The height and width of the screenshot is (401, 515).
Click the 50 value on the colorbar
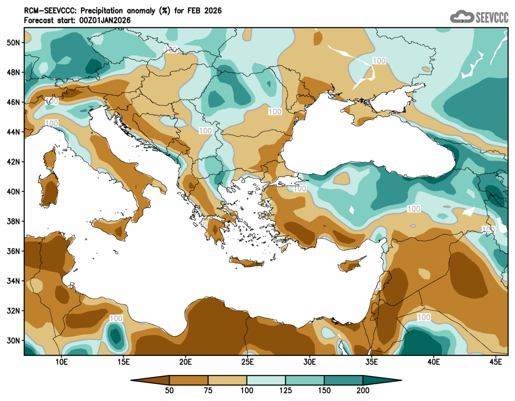pos(169,390)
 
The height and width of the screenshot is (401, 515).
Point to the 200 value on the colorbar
pos(363,390)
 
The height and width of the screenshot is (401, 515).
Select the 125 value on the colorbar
pos(286,390)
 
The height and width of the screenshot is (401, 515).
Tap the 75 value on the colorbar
pos(208,390)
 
